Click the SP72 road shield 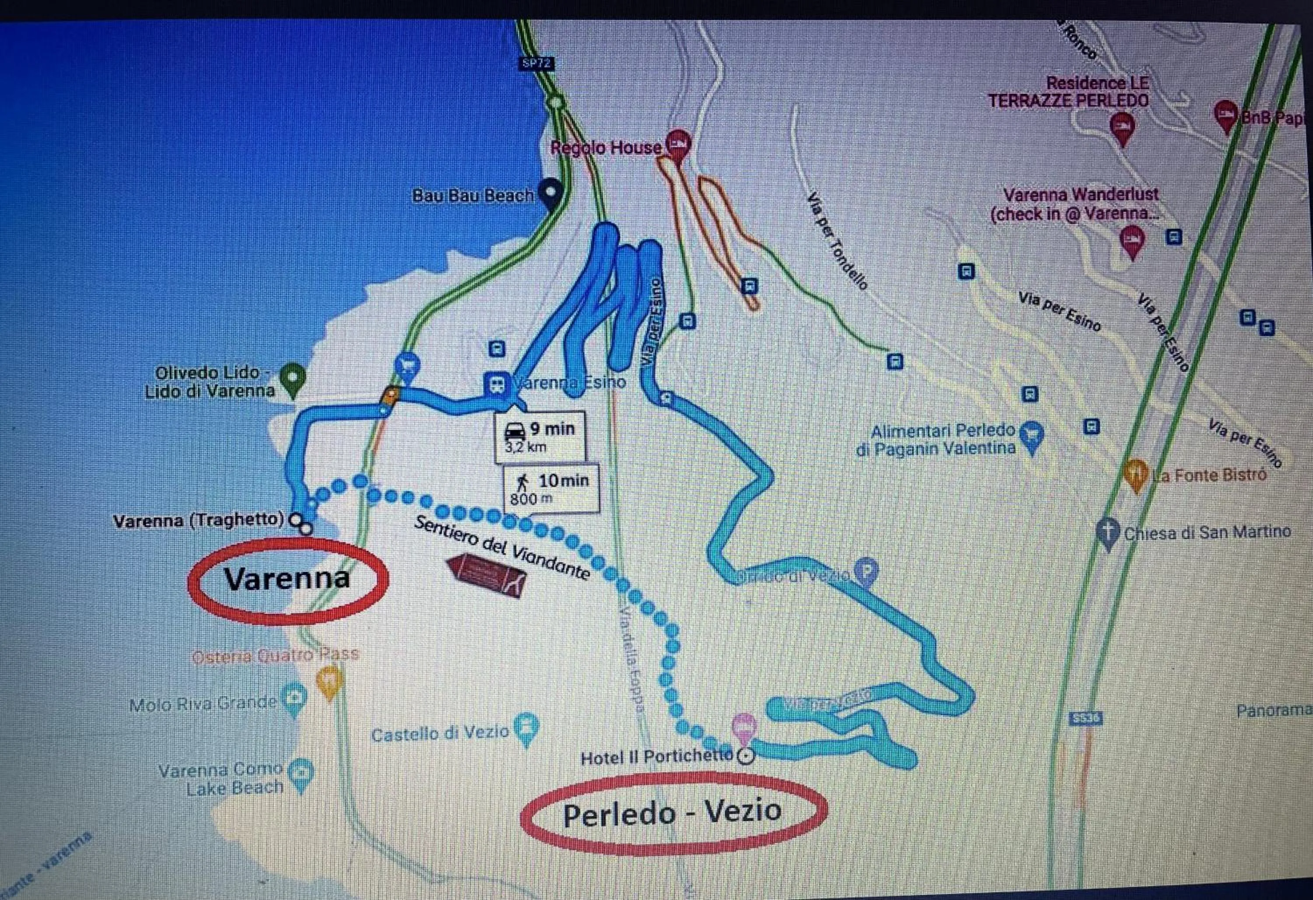pyautogui.click(x=536, y=64)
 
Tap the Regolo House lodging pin pyautogui.click(x=678, y=144)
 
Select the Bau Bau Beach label pyautogui.click(x=472, y=196)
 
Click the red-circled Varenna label pyautogui.click(x=287, y=579)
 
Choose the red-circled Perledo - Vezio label pyautogui.click(x=672, y=813)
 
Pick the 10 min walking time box pyautogui.click(x=551, y=489)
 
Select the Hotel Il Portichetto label pyautogui.click(x=656, y=757)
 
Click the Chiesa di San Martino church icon pyautogui.click(x=1108, y=532)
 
